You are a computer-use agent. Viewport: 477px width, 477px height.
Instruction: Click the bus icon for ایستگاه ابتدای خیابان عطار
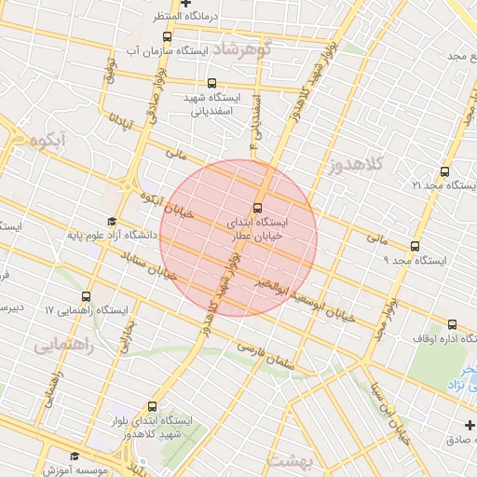pos(257,208)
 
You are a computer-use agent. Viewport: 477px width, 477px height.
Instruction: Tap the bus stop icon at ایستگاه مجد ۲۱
pos(443,171)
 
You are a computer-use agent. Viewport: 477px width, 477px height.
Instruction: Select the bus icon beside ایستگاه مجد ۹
pos(415,246)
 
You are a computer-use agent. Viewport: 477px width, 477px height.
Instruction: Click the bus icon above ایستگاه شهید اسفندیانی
pos(213,83)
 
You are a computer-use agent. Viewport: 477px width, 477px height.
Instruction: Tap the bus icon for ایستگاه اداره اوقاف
pos(382,329)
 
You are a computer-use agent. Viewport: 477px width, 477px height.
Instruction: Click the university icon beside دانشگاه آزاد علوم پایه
pos(113,222)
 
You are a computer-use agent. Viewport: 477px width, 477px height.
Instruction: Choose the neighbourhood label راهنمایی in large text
pos(65,346)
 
